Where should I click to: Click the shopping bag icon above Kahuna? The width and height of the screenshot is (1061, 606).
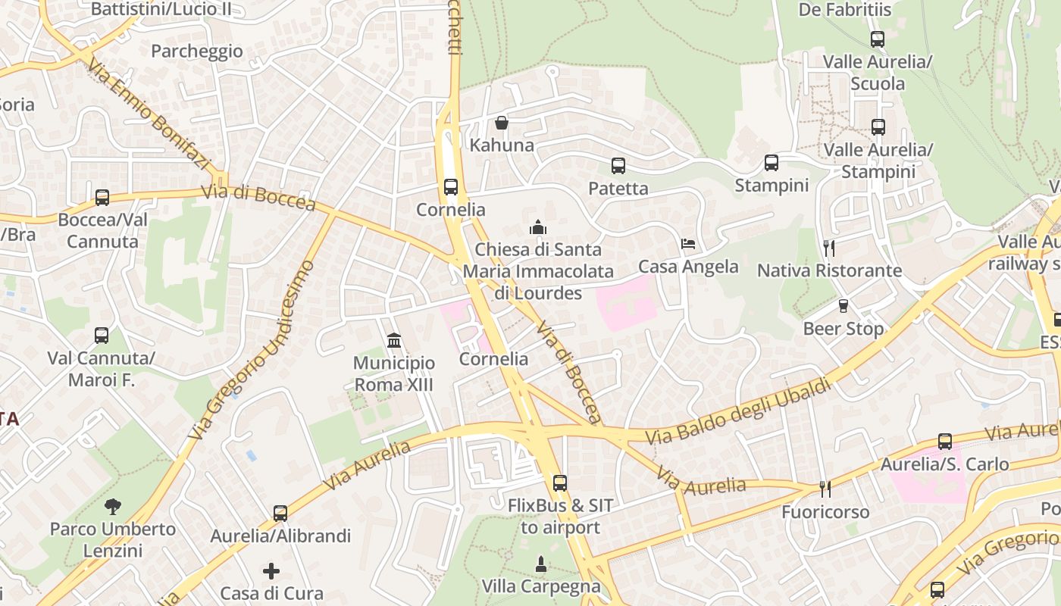click(x=501, y=123)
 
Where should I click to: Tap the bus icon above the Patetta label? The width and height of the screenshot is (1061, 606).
click(x=618, y=166)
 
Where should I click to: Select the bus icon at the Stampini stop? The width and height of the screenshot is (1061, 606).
click(x=771, y=163)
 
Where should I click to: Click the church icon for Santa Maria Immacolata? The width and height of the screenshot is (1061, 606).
click(x=537, y=227)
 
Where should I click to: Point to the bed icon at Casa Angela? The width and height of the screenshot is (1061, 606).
click(x=688, y=244)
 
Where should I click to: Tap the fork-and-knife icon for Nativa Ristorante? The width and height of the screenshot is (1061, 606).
click(x=829, y=248)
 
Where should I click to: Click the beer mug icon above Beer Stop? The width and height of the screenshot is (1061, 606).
click(x=843, y=306)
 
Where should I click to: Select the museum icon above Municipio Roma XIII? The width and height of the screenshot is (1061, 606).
click(x=394, y=341)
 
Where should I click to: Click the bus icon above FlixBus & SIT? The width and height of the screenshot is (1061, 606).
click(x=560, y=483)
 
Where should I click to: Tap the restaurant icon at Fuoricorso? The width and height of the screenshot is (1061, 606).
click(x=825, y=489)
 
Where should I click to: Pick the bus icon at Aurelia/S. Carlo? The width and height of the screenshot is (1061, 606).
click(x=945, y=442)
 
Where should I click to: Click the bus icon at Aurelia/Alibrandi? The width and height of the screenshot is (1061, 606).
click(x=280, y=514)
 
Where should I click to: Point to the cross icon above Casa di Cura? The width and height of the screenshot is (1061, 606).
click(x=271, y=570)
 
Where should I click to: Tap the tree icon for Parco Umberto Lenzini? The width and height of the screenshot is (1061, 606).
click(x=113, y=506)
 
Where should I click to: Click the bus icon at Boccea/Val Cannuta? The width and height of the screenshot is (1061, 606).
click(x=102, y=198)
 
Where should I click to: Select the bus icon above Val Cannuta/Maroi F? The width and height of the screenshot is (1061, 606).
click(x=102, y=336)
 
